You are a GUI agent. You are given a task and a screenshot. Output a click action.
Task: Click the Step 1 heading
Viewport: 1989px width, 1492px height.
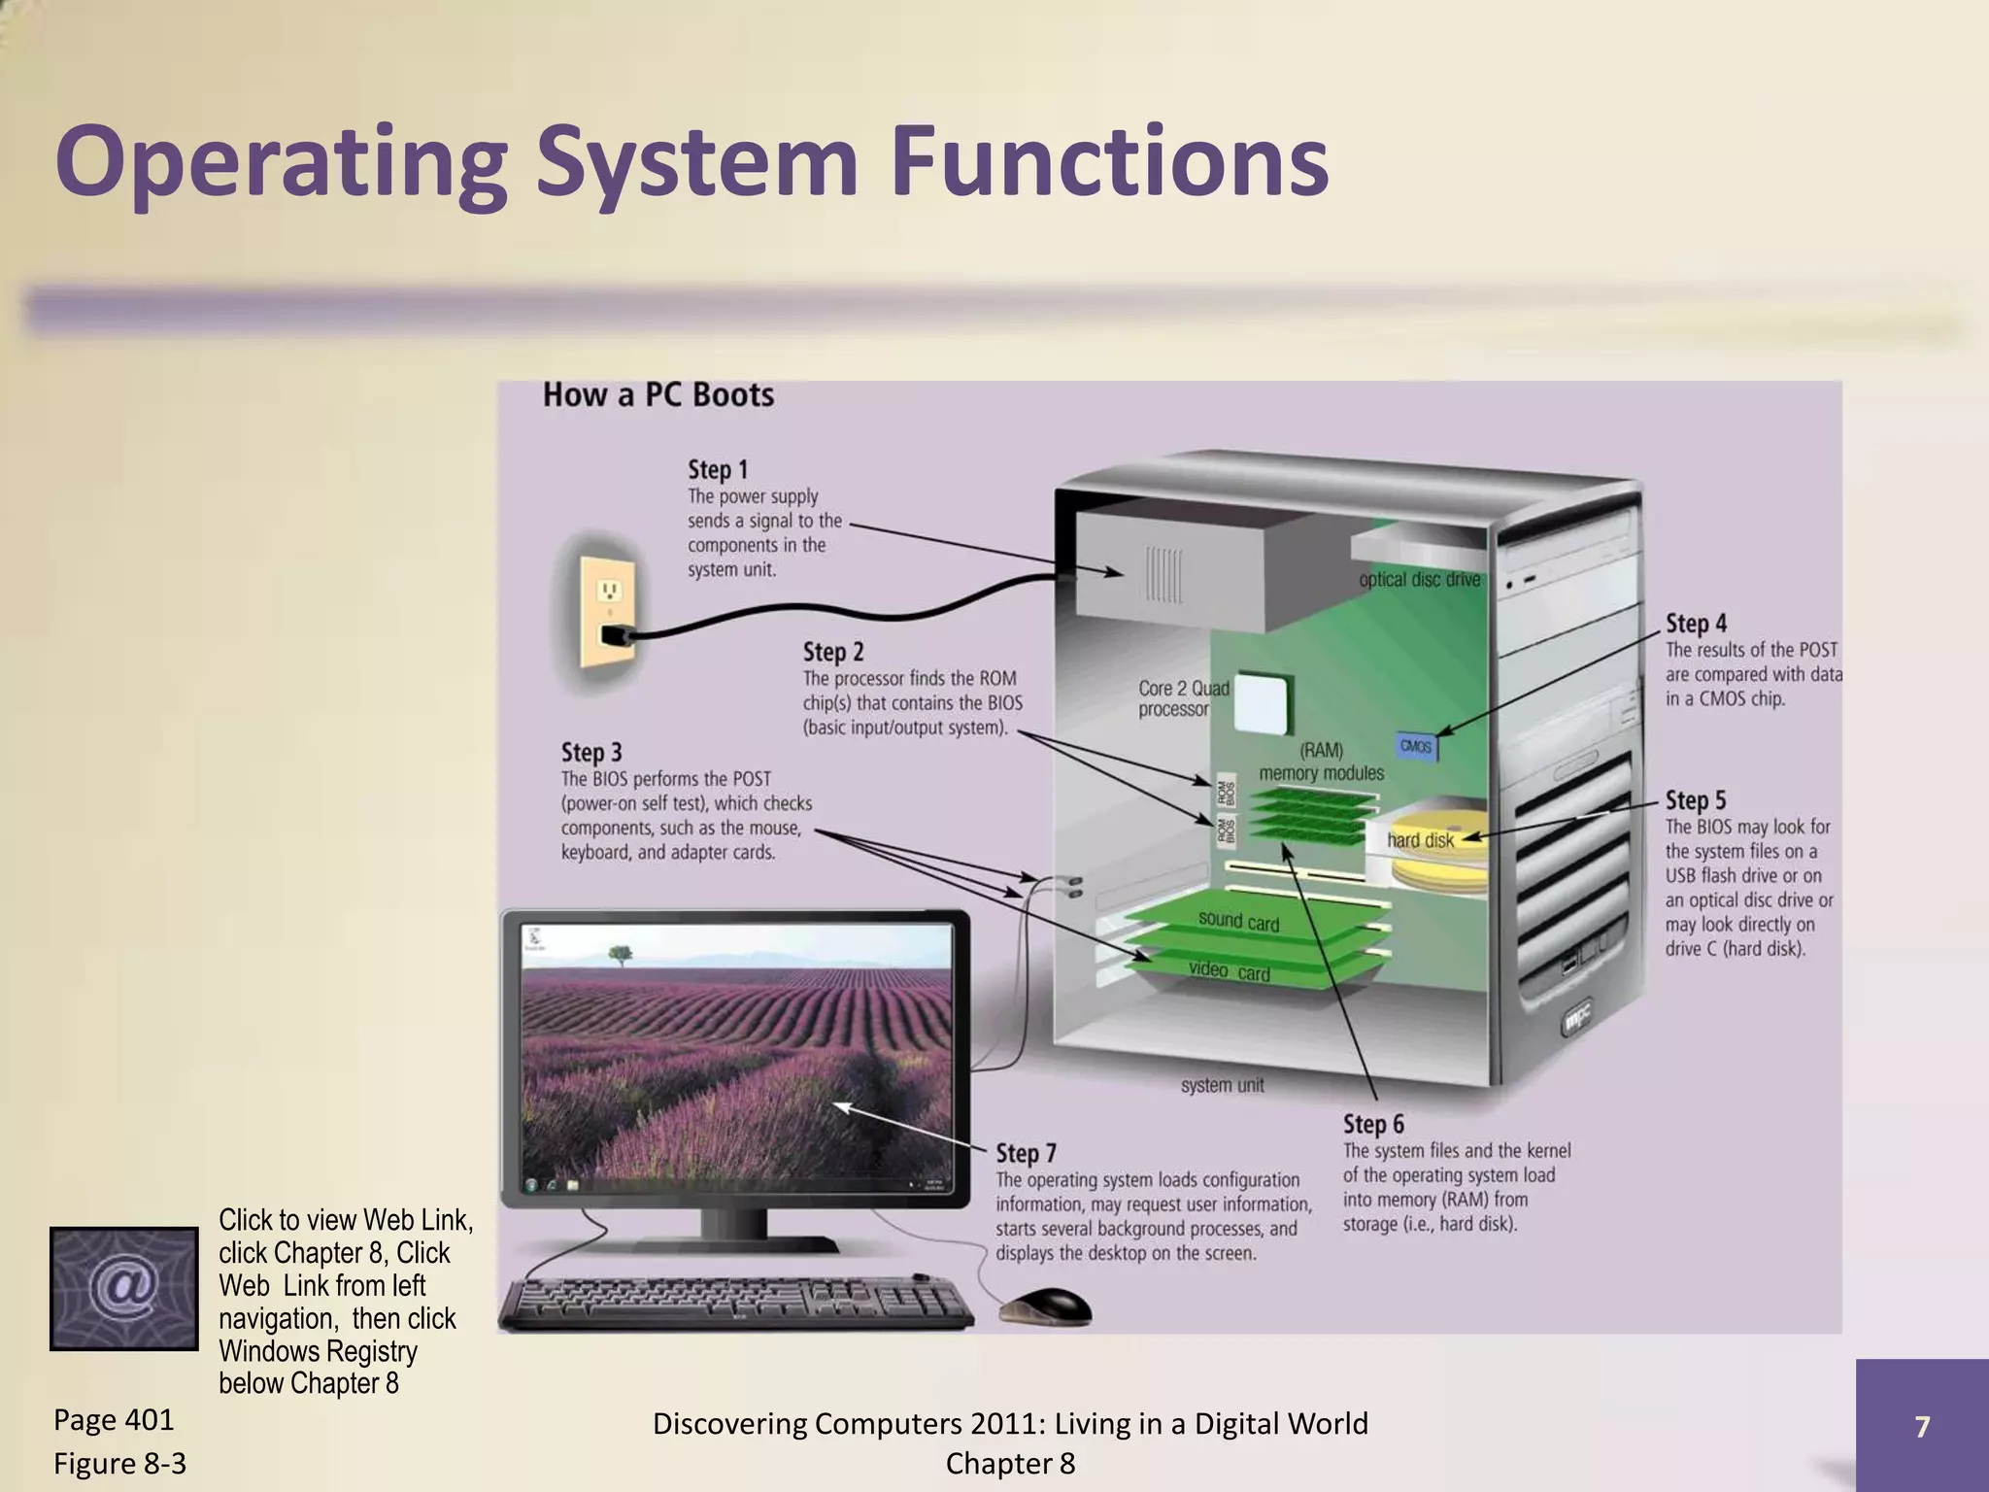click(718, 470)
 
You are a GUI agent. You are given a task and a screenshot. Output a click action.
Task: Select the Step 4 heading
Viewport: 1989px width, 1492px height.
click(1696, 624)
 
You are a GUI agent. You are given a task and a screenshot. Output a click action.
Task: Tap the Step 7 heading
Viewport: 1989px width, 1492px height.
click(1026, 1154)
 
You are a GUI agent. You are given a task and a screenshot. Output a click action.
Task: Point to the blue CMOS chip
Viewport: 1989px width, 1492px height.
click(1416, 746)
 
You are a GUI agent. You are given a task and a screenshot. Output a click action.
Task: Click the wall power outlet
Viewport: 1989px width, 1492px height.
click(608, 612)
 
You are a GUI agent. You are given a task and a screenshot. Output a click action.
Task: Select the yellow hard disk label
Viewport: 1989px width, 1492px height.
click(1420, 841)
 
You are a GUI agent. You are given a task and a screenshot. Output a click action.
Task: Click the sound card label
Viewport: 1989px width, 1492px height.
click(1238, 921)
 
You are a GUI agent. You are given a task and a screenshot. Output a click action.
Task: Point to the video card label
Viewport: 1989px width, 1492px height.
click(1229, 971)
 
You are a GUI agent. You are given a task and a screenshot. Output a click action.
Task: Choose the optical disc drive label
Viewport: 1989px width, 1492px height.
click(1419, 580)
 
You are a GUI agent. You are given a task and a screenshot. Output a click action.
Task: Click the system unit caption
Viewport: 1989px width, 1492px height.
click(1222, 1086)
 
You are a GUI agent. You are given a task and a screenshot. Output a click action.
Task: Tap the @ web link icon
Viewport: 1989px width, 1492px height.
click(123, 1288)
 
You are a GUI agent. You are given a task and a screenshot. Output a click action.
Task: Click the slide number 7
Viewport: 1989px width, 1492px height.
click(1921, 1426)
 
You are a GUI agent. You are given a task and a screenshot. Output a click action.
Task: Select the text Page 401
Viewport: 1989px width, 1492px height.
click(114, 1420)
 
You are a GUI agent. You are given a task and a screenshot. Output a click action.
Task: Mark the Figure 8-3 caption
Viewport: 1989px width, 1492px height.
click(119, 1463)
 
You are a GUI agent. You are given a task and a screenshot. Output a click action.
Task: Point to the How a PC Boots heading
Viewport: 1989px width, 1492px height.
click(657, 395)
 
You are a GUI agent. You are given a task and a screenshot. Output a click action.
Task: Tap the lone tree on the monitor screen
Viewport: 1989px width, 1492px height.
click(619, 954)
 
